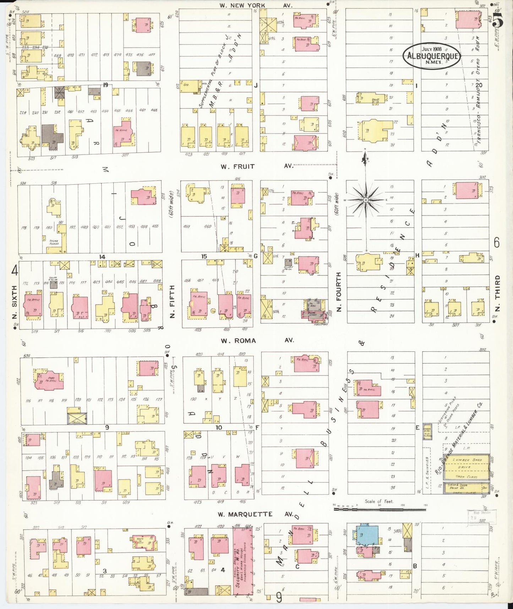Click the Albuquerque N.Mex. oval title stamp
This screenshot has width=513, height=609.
click(x=432, y=56)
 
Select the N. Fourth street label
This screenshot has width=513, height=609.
click(x=339, y=292)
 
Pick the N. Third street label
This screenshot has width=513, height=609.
click(x=497, y=292)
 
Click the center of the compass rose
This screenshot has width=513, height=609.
click(x=366, y=200)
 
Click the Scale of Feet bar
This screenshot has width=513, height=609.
click(x=380, y=510)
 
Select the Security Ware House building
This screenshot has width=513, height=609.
click(x=243, y=561)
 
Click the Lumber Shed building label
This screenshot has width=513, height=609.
click(x=467, y=460)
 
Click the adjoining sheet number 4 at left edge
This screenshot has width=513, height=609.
click(x=15, y=271)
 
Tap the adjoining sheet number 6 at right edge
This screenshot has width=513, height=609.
click(x=497, y=243)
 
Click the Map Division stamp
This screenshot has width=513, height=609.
click(x=481, y=515)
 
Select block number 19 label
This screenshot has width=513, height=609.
click(x=105, y=85)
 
